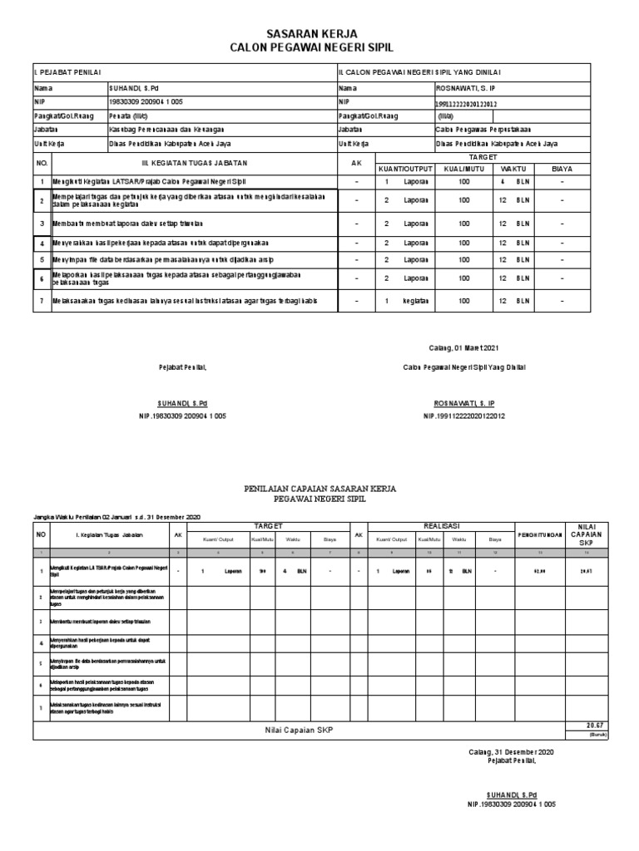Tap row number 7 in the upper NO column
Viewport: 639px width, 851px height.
pos(42,300)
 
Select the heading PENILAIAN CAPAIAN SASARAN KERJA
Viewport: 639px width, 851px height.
pos(319,489)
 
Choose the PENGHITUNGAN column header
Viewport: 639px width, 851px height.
pos(540,535)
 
